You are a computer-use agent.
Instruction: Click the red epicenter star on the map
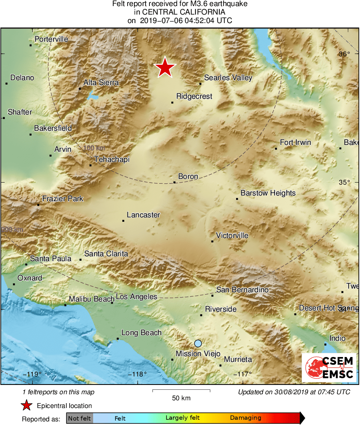point(165,67)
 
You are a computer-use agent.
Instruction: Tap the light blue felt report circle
point(198,343)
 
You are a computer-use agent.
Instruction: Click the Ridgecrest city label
point(194,96)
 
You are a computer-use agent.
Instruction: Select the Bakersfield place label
point(53,128)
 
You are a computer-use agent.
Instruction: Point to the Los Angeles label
point(136,297)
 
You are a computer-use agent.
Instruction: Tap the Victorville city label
point(232,236)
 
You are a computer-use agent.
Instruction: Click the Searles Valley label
point(228,78)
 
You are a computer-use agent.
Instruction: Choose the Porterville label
point(51,39)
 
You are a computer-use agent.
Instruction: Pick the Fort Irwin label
point(296,142)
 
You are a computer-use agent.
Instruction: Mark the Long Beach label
point(141,333)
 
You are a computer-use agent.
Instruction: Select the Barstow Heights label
point(268,193)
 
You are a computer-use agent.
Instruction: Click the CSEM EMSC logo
point(329,368)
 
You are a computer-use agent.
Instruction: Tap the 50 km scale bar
point(181,391)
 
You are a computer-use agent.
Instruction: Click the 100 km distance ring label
point(94,148)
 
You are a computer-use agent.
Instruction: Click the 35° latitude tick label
point(344,182)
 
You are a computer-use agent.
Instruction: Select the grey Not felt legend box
point(80,418)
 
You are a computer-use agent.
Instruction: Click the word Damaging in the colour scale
point(245,418)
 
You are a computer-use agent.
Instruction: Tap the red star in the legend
point(27,406)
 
